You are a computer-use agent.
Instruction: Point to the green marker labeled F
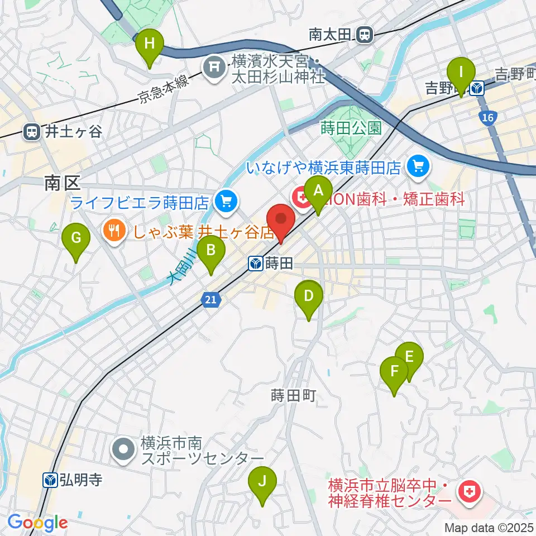click(394, 373)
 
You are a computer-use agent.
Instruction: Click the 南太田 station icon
click(365, 35)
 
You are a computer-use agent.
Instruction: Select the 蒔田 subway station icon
click(256, 263)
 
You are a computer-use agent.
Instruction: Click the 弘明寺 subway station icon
click(50, 480)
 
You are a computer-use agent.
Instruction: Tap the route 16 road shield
click(487, 117)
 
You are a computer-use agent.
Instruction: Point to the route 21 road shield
click(209, 300)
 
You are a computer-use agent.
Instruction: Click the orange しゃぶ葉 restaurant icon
click(114, 231)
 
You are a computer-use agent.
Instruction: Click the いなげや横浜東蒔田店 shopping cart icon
click(417, 165)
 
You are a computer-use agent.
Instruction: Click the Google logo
click(38, 523)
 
